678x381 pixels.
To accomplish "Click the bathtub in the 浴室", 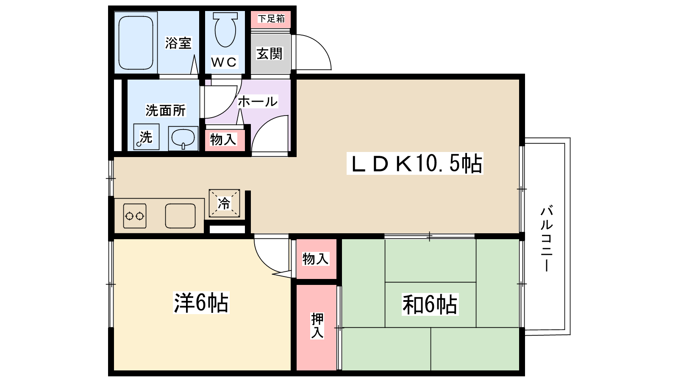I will (136, 43).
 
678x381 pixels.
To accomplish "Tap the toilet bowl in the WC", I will (225, 30).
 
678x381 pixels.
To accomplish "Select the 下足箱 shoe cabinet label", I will (271, 19).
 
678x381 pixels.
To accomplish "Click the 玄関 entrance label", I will (270, 54).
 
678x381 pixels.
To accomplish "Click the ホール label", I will (257, 102).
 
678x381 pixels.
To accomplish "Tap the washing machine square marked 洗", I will (146, 137).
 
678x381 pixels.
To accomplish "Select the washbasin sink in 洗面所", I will (183, 138).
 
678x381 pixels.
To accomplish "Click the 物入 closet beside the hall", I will (223, 139).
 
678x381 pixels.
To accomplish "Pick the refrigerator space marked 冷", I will (224, 203).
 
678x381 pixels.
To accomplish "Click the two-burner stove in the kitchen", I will (134, 216).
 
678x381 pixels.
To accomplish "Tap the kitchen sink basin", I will (180, 216).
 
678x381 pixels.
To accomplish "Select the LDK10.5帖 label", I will (415, 163).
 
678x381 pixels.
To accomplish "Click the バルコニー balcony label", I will (547, 238).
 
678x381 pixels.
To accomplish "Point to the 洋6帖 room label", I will (201, 303).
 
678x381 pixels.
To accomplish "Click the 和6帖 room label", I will (430, 304).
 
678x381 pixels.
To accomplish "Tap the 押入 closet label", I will (317, 326).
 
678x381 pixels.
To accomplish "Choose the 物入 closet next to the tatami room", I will (316, 259).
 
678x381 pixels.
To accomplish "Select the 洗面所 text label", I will (166, 110).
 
